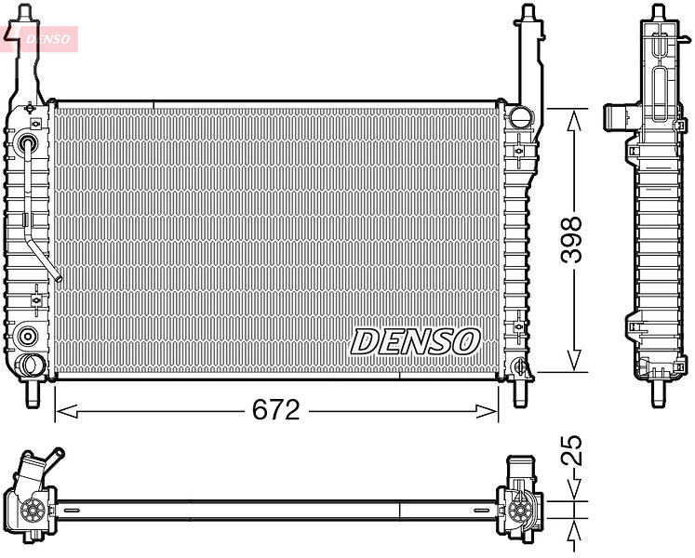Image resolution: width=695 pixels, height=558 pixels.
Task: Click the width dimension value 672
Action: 275,410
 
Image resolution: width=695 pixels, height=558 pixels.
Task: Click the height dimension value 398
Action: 571,240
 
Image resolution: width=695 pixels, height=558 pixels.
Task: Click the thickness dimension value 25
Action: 571,450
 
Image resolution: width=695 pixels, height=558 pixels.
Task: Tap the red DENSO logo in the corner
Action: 39,38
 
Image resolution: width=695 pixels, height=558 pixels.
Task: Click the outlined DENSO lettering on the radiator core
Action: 415,341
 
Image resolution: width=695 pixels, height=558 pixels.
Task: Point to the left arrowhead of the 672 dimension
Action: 67,411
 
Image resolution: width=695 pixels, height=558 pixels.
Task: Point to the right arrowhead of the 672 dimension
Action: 487,411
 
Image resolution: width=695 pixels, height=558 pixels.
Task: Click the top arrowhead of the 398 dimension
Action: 574,121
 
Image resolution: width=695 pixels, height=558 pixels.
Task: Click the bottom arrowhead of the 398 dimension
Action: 574,359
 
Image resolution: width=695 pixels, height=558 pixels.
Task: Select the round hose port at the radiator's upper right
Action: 520,116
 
